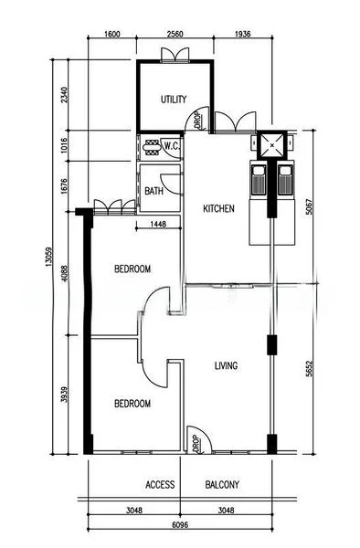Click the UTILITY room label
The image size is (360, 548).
click(x=174, y=100)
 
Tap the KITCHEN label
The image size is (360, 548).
click(x=218, y=208)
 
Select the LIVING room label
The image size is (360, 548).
click(x=226, y=366)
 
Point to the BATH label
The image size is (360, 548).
click(x=154, y=191)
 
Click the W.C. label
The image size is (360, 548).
click(x=172, y=146)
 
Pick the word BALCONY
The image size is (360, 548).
click(x=222, y=485)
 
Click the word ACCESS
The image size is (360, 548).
click(x=160, y=485)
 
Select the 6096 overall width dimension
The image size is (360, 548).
click(x=180, y=525)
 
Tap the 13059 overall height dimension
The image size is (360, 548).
click(x=48, y=258)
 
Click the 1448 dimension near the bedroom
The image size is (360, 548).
click(x=158, y=224)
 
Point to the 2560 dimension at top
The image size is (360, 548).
click(x=175, y=34)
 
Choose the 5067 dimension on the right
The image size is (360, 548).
click(x=310, y=207)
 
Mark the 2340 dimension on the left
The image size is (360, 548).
click(x=64, y=95)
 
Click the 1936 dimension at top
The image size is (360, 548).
click(x=242, y=34)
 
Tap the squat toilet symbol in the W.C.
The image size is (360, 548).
click(x=152, y=147)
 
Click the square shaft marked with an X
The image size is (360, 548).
click(x=272, y=144)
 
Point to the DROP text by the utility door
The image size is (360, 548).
click(x=196, y=120)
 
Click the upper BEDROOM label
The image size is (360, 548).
click(x=132, y=269)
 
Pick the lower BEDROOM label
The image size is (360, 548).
click(x=132, y=404)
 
